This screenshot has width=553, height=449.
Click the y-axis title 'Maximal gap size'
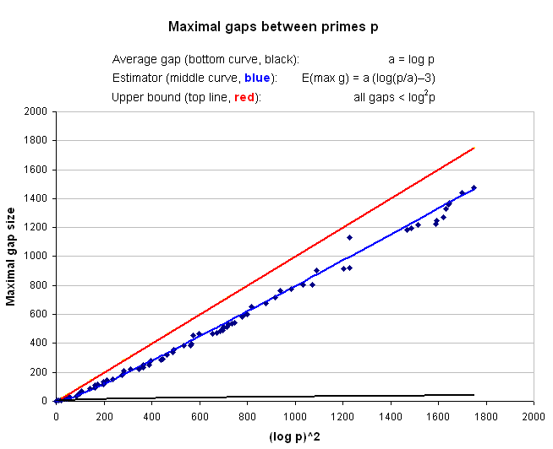(x=13, y=256)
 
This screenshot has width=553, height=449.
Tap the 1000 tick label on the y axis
(x=35, y=256)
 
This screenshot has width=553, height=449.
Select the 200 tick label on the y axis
(x=38, y=372)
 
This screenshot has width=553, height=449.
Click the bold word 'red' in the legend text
(x=244, y=98)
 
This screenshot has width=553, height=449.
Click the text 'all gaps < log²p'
(x=394, y=98)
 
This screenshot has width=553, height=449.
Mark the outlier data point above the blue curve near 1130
(x=349, y=237)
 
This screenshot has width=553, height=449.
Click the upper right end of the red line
(x=474, y=148)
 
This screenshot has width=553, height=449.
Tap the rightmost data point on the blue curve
(x=474, y=187)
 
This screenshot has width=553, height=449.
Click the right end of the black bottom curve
(x=474, y=395)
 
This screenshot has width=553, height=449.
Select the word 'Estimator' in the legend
(x=136, y=78)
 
